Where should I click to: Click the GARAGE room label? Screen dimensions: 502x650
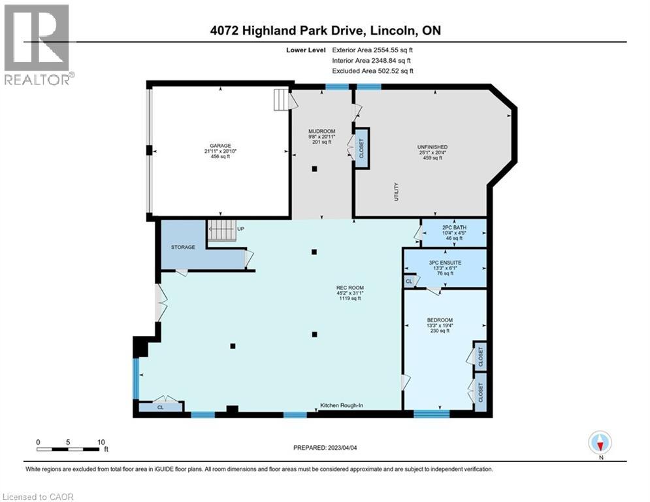219,146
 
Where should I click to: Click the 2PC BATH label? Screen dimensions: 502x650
454,227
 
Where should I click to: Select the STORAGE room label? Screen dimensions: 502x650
184,248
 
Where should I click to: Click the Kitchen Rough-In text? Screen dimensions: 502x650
341,406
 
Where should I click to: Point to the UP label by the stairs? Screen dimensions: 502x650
241,229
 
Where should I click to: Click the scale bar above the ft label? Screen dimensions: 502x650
69,449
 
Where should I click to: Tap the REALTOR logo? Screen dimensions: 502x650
38,44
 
